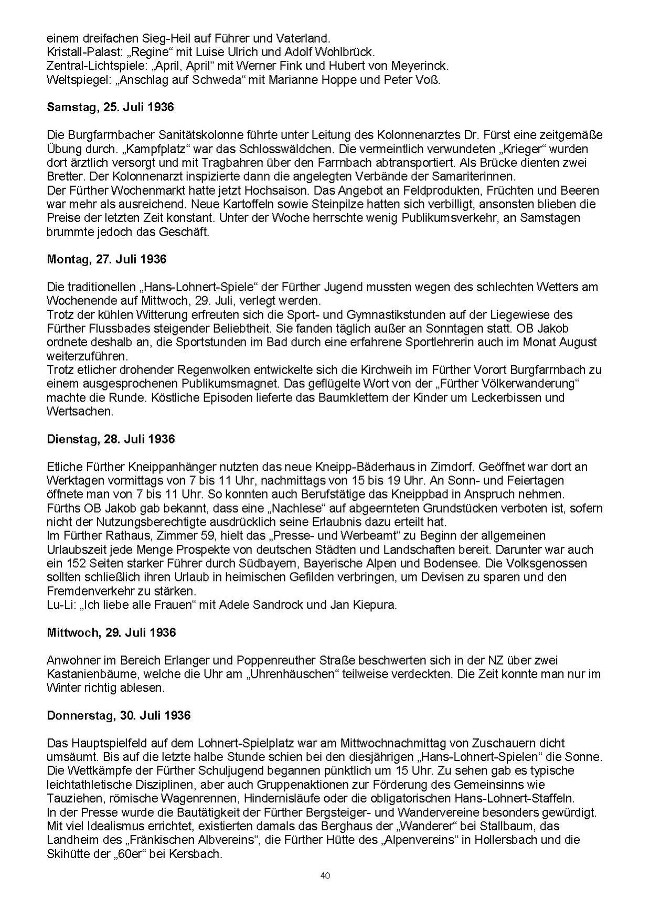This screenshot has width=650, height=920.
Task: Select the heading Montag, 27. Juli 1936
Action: (x=106, y=259)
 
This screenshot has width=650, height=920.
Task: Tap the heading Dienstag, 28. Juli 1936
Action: (x=110, y=439)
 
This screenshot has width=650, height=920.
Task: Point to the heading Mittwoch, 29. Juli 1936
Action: (x=111, y=632)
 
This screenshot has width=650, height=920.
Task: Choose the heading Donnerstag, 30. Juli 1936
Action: (x=119, y=715)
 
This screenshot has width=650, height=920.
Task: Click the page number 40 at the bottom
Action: (x=325, y=875)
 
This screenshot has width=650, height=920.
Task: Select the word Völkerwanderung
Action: (x=525, y=384)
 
